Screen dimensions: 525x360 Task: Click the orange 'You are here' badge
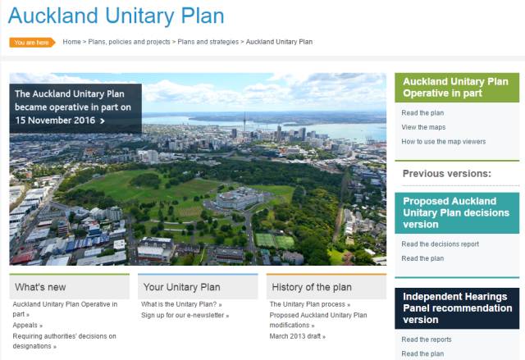pos(32,43)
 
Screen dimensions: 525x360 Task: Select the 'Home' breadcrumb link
pos(71,42)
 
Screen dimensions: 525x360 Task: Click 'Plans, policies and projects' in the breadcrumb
pos(130,42)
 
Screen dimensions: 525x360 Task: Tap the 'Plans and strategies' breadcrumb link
pos(208,42)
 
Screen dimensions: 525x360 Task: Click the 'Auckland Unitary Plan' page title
pos(116,16)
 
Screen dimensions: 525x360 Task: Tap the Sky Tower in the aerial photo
pos(244,122)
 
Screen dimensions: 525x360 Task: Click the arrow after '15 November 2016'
pos(103,121)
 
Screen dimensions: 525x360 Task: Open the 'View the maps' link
pos(423,127)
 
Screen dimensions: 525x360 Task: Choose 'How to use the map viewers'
pos(443,142)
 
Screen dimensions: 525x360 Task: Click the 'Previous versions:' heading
pos(446,173)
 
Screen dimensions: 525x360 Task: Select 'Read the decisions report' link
pos(440,244)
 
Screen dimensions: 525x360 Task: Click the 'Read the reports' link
pos(427,339)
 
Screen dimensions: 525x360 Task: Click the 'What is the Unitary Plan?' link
pos(181,304)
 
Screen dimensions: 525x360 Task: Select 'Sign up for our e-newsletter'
pos(185,315)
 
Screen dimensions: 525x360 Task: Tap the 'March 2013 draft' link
pos(297,336)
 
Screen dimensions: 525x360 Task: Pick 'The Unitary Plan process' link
pos(310,304)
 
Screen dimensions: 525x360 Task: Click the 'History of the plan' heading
pos(312,287)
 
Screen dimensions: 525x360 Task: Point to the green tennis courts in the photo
pos(275,241)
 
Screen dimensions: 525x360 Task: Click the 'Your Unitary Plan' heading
pos(182,287)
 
